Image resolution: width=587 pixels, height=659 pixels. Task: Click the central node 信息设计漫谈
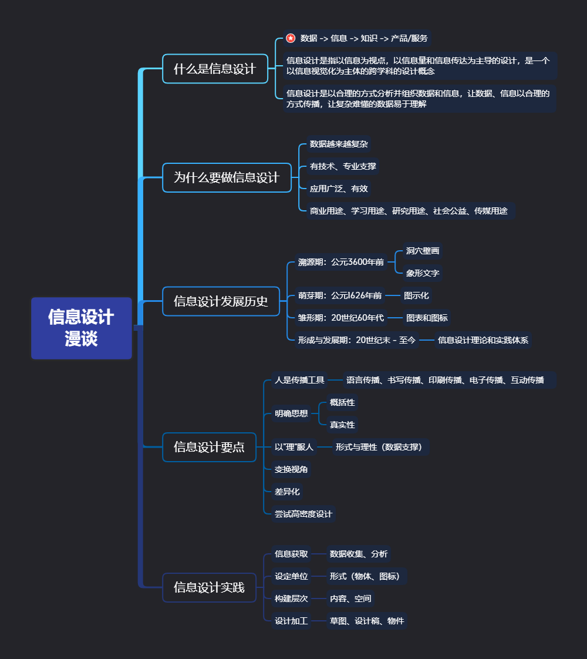click(x=81, y=328)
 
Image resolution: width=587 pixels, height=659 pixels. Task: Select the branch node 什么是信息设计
click(x=215, y=69)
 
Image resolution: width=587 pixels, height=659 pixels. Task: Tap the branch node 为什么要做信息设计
click(x=227, y=177)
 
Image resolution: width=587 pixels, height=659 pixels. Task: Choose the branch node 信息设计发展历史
click(x=221, y=301)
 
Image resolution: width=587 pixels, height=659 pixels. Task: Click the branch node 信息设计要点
click(x=209, y=447)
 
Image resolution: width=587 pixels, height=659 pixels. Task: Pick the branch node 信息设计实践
click(x=209, y=587)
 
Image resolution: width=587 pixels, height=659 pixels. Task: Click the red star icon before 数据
click(x=291, y=39)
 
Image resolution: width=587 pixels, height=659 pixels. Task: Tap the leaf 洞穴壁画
click(x=423, y=251)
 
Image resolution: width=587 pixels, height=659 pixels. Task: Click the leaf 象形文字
click(x=423, y=273)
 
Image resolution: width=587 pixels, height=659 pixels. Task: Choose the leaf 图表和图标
click(x=427, y=318)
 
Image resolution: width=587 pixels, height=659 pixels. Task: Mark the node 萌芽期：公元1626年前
click(x=339, y=295)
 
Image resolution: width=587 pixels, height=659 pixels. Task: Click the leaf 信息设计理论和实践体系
click(x=483, y=340)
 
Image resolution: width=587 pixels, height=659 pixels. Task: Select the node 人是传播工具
click(x=299, y=380)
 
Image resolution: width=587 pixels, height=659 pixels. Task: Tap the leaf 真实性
click(x=342, y=425)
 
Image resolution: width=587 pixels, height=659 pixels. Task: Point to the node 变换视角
click(x=291, y=469)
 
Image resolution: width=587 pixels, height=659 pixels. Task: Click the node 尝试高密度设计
click(x=303, y=514)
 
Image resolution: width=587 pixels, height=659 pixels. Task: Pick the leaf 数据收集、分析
click(x=359, y=554)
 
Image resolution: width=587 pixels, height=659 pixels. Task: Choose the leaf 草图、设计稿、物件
click(x=367, y=621)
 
